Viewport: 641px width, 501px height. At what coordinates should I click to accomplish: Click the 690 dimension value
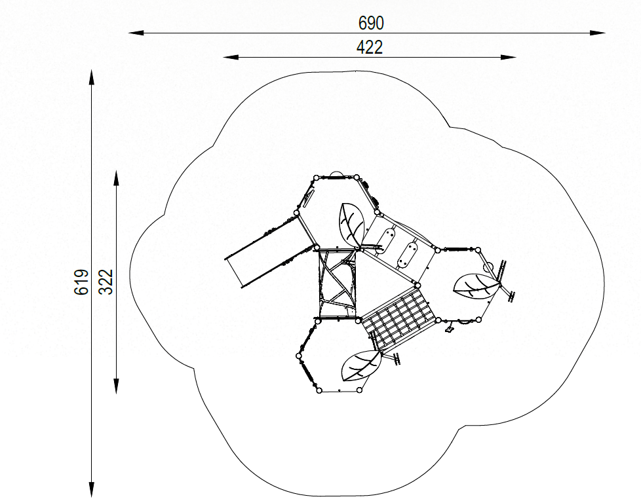(371, 23)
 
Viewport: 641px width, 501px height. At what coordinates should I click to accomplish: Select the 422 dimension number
(370, 47)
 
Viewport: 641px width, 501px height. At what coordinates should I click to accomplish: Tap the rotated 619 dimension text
(81, 282)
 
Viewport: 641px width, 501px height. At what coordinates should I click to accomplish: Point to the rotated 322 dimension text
(106, 282)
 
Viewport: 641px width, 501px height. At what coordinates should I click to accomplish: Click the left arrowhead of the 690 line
(136, 33)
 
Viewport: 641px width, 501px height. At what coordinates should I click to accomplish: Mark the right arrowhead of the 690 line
(598, 33)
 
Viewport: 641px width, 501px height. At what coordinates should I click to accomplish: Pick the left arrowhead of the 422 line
(231, 57)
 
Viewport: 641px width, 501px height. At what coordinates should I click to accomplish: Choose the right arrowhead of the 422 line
(509, 57)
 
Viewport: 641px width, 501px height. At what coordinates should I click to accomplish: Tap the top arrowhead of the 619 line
(92, 77)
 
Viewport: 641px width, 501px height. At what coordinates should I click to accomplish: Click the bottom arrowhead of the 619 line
(92, 490)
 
